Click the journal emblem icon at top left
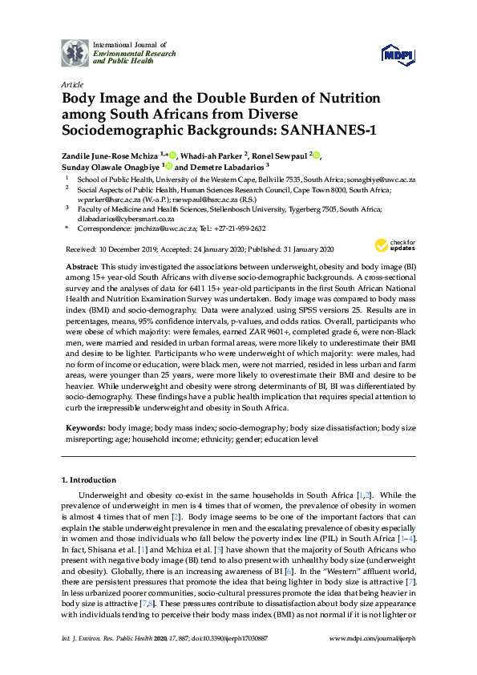(x=75, y=52)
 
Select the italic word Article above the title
(x=71, y=83)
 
